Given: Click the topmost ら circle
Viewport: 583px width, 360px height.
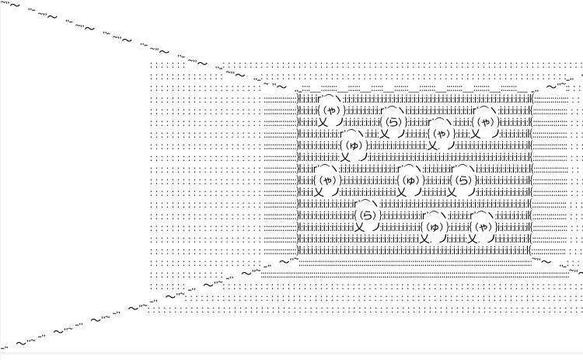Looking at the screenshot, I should pos(393,121).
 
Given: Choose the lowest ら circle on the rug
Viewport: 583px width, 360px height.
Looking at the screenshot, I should pos(368,215).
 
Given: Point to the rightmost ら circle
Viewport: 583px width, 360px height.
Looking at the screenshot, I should pos(464,180).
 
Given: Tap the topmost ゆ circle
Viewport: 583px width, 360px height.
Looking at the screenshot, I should pos(354,145).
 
